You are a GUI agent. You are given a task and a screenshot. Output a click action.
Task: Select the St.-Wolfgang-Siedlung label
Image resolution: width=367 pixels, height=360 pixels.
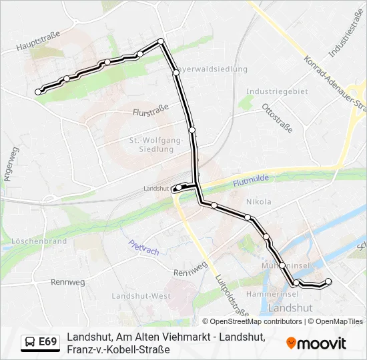(x=155, y=145)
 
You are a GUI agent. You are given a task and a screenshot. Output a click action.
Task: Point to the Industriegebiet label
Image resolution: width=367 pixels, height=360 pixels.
(x=277, y=91)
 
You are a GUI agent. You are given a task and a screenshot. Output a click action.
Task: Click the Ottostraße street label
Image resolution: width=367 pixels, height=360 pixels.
(x=277, y=118)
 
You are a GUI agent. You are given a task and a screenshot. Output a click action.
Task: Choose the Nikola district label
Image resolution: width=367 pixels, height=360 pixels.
(x=258, y=201)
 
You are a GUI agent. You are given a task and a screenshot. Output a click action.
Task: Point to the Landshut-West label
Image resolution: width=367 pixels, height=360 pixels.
(x=137, y=295)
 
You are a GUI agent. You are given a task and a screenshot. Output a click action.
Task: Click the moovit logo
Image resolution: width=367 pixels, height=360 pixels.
(x=316, y=343)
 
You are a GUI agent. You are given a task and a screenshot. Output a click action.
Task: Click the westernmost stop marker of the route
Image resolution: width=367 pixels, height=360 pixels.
(x=38, y=92)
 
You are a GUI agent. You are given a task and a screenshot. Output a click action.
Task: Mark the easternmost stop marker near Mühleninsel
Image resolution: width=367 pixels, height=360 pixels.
(x=328, y=281)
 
